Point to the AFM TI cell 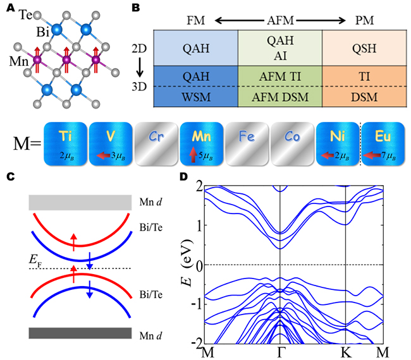click(280, 73)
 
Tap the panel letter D click(184, 176)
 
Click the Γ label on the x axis click(280, 351)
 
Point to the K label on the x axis click(345, 351)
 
